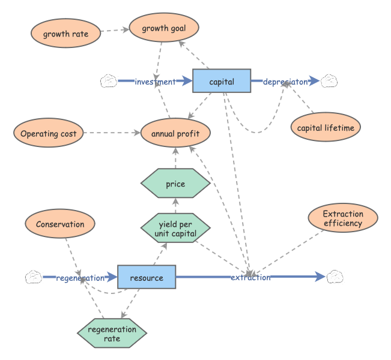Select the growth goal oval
(163, 28)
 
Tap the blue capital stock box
(221, 81)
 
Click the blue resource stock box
(146, 277)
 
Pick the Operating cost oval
(48, 133)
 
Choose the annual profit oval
(175, 134)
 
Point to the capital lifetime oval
(325, 127)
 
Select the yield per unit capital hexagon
(175, 229)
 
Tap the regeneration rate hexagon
(112, 334)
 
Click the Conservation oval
(59, 224)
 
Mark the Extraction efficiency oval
(342, 218)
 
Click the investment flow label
(155, 82)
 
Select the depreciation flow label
(285, 82)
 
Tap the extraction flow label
(250, 277)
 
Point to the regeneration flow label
(80, 278)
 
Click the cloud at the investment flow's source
(109, 81)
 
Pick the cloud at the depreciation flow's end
(329, 81)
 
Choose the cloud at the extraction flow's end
(334, 277)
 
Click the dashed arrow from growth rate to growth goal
(114, 30)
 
